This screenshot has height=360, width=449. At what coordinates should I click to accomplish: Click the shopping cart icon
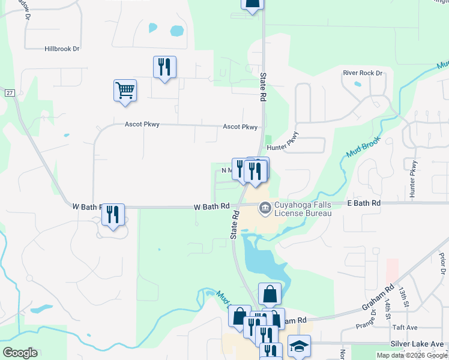pyautogui.click(x=125, y=91)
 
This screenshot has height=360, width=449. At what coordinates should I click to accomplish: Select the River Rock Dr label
pyautogui.click(x=363, y=73)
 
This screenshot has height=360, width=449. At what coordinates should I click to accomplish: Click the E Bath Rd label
pyautogui.click(x=364, y=204)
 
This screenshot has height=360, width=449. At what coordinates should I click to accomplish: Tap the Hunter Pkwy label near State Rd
pyautogui.click(x=283, y=145)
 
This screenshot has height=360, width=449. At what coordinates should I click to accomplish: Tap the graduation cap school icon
pyautogui.click(x=298, y=346)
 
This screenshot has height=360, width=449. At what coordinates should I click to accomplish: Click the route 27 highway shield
pyautogui.click(x=10, y=92)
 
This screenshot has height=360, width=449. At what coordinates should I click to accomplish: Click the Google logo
pyautogui.click(x=20, y=352)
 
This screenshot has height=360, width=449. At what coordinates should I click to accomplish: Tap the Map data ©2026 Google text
pyautogui.click(x=411, y=355)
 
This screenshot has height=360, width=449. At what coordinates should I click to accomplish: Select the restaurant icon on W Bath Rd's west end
pyautogui.click(x=113, y=214)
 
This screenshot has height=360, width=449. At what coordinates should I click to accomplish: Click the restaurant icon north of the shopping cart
pyautogui.click(x=164, y=66)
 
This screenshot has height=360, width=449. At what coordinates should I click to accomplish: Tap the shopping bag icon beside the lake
pyautogui.click(x=270, y=294)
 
